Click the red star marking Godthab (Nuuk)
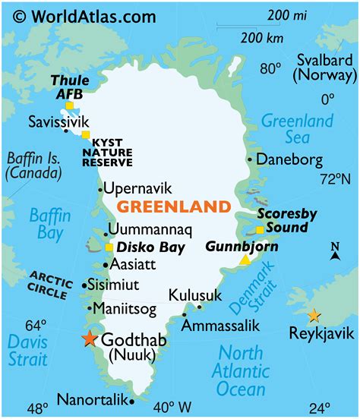(90, 339)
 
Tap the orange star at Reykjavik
(314, 316)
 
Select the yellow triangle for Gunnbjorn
(245, 260)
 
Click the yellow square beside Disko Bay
(109, 247)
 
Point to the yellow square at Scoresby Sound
(260, 228)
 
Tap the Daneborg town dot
(249, 159)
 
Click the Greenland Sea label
(297, 129)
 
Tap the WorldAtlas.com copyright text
(68, 14)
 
